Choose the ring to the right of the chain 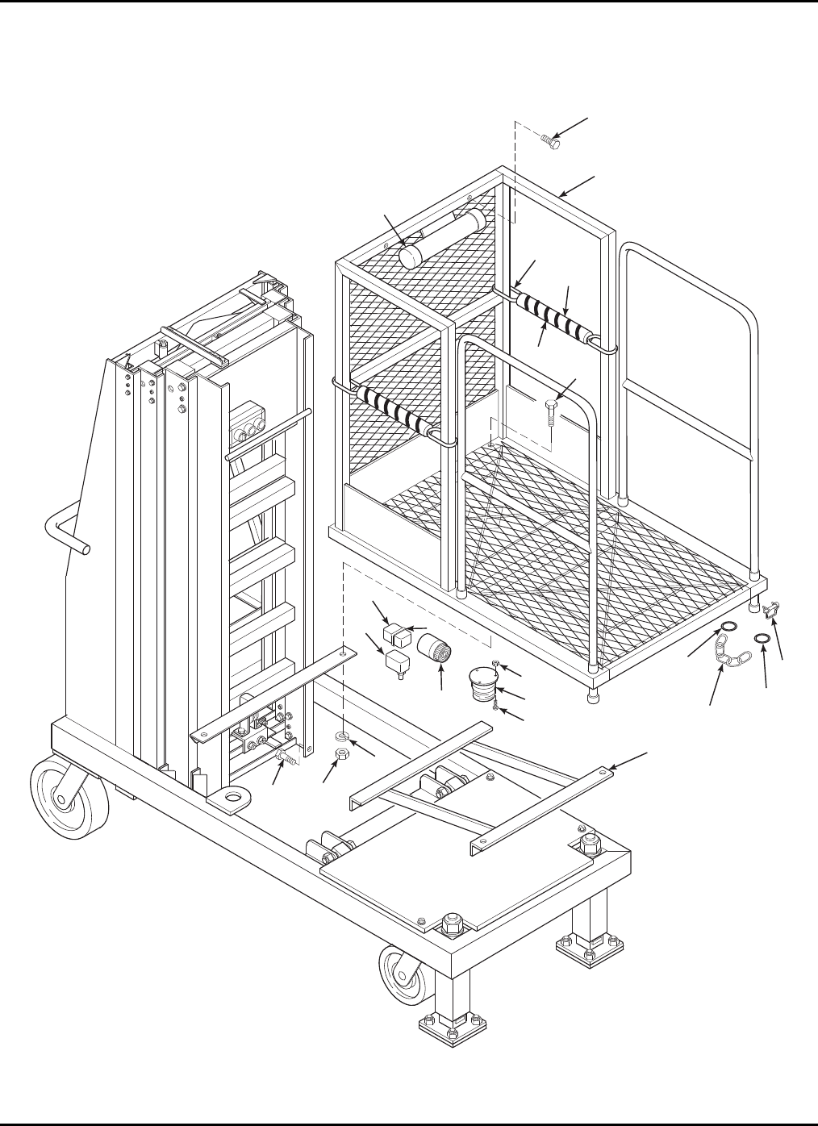coord(761,640)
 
